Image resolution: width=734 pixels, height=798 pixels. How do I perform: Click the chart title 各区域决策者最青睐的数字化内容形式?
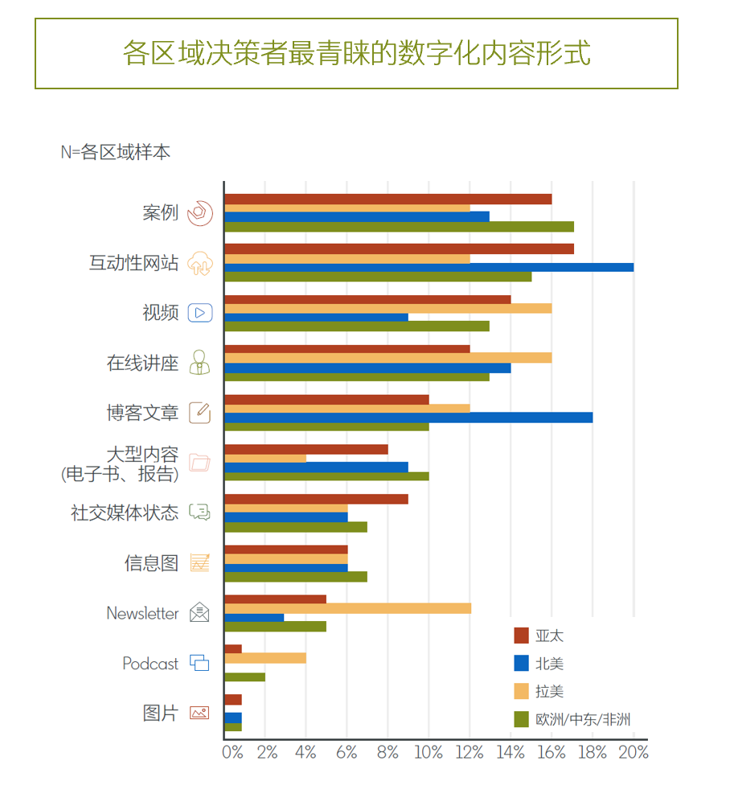(x=356, y=53)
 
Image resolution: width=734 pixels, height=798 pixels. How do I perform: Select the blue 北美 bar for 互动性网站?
(x=429, y=267)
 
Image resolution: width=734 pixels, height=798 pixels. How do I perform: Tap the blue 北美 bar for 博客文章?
(x=408, y=418)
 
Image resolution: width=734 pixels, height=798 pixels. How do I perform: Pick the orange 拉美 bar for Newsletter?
(x=347, y=608)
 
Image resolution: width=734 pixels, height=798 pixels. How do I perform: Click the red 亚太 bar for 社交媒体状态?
(x=316, y=499)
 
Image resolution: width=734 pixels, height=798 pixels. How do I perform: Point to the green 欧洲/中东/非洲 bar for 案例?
(x=399, y=227)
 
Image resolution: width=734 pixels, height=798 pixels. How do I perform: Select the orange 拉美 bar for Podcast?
(x=265, y=658)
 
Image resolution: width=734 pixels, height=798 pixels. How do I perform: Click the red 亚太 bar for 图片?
(x=233, y=700)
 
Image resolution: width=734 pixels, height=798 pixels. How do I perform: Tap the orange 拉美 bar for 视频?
(x=388, y=308)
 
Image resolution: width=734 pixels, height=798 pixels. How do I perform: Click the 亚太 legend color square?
(x=521, y=636)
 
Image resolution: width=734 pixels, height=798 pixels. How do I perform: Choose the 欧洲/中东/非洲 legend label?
(x=583, y=719)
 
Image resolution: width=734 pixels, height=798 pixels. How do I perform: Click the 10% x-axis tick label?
(x=429, y=753)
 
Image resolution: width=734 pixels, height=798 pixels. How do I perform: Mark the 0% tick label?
(x=232, y=753)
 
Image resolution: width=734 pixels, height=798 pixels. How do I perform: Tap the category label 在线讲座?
(x=142, y=363)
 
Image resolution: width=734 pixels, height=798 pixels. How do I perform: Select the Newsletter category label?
(x=142, y=613)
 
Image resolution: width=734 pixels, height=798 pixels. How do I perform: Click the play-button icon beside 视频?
(x=199, y=313)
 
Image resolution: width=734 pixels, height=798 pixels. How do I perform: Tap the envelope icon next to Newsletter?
(x=199, y=613)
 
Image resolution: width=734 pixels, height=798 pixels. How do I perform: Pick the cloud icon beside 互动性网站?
(x=199, y=263)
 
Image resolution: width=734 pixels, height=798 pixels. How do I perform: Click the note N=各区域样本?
(x=115, y=152)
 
